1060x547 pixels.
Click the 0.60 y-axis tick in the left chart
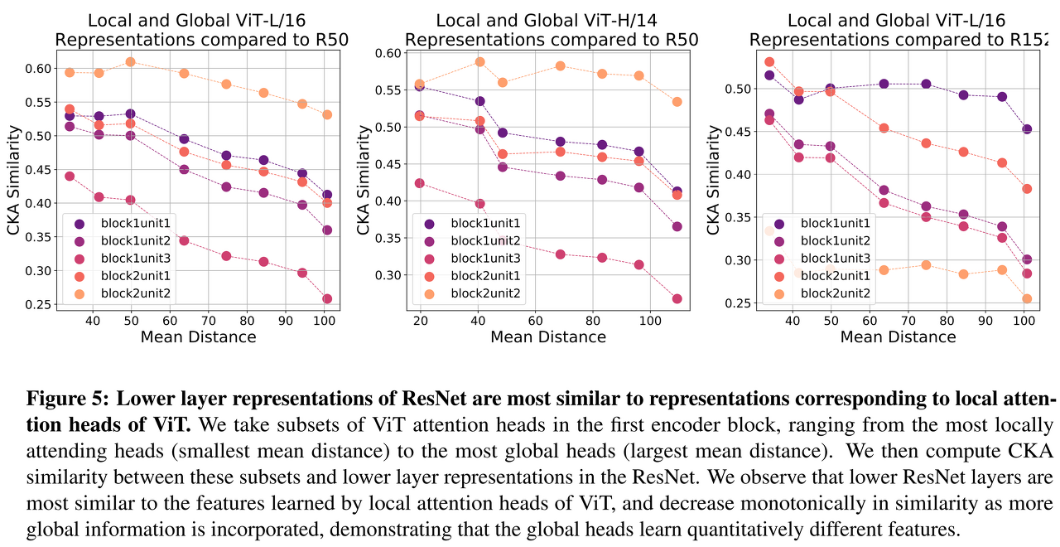(39, 68)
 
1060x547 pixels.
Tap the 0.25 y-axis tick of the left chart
(39, 305)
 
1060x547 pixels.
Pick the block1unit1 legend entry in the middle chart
(485, 223)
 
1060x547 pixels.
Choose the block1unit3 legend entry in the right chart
(836, 259)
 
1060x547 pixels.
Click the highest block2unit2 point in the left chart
(130, 61)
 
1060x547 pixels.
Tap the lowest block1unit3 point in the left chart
(327, 299)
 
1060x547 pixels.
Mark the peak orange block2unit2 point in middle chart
(479, 61)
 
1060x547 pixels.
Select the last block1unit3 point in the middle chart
(677, 299)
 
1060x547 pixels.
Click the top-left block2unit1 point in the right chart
(769, 61)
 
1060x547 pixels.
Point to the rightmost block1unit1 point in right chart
(1027, 129)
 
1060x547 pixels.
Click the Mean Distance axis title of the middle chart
(548, 337)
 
